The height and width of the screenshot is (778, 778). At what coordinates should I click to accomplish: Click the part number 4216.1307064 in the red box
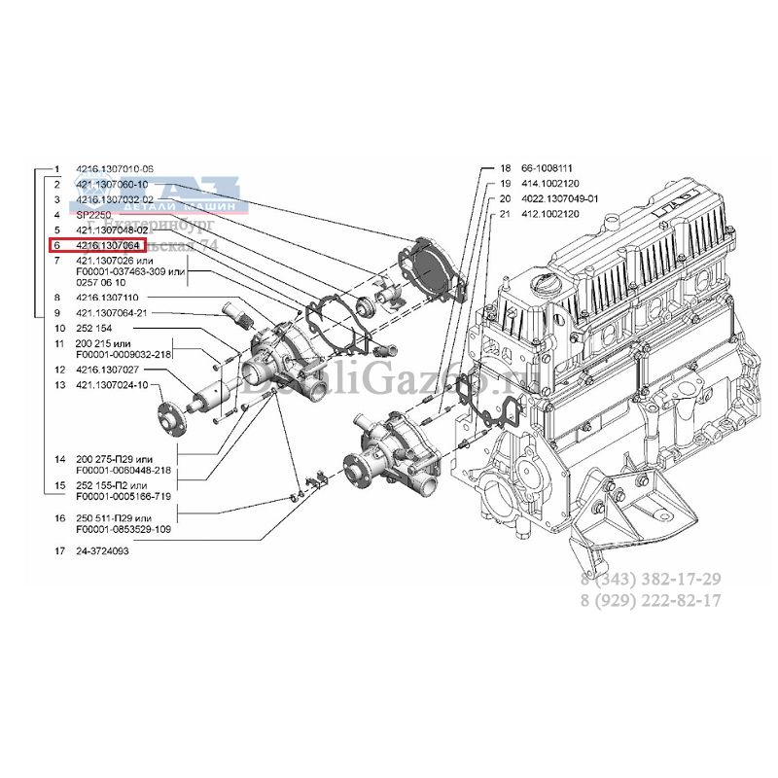(x=109, y=246)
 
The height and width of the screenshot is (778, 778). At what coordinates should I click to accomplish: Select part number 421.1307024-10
(x=112, y=385)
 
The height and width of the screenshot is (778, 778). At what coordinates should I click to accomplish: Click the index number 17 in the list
(x=59, y=550)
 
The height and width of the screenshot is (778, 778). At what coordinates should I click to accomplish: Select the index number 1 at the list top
(x=57, y=167)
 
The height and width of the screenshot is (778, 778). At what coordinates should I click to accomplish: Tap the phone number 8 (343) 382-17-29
(x=651, y=579)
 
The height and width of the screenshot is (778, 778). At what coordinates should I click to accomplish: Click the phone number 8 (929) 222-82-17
(x=651, y=600)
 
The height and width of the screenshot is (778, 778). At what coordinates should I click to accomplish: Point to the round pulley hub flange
(x=169, y=415)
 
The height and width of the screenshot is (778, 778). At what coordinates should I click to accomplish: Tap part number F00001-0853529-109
(x=124, y=529)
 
